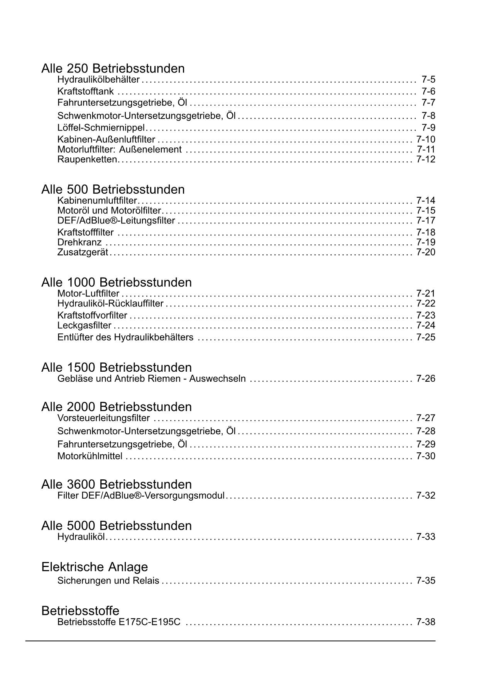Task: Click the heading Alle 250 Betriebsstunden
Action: [113, 69]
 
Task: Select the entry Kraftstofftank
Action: [85, 91]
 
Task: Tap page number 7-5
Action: [428, 80]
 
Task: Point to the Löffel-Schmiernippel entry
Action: [101, 128]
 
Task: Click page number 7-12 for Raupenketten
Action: [425, 159]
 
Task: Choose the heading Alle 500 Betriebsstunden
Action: [113, 190]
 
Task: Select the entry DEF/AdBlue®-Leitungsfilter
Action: [116, 221]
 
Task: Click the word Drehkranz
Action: [80, 242]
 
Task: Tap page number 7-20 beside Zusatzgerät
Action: [425, 252]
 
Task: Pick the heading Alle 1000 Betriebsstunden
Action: [116, 283]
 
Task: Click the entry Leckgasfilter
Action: [84, 325]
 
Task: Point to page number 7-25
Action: [425, 337]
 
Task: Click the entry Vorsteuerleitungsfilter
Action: [103, 418]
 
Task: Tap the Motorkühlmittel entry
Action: [90, 456]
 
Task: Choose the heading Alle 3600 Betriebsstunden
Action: [116, 484]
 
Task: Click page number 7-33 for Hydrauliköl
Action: [425, 537]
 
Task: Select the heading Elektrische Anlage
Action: [95, 567]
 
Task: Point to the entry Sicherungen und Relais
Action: [108, 581]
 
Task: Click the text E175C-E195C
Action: [150, 622]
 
